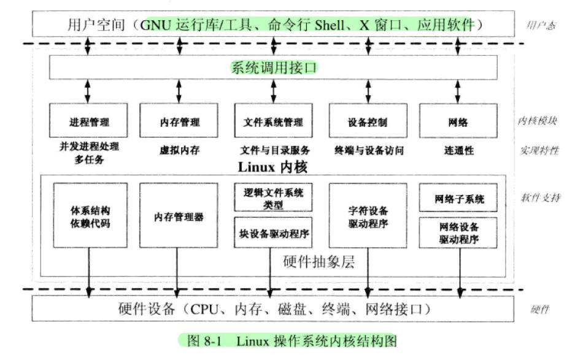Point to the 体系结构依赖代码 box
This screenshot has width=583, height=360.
tap(90, 216)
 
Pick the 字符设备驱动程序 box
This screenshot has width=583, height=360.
tap(368, 216)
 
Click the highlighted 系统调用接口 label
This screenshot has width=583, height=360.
tap(274, 67)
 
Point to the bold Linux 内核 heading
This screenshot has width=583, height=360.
tap(272, 167)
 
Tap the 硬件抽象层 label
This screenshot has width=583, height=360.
tap(319, 262)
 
